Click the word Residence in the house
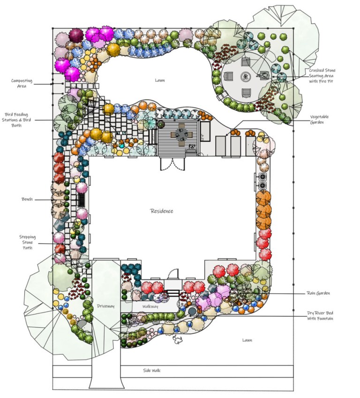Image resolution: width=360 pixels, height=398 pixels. click(161, 211)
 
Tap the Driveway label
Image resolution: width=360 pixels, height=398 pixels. click(105, 306)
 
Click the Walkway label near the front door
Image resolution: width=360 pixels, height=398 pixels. click(150, 306)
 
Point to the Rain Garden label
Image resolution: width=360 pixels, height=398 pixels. click(318, 293)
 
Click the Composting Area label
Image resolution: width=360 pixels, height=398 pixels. click(22, 83)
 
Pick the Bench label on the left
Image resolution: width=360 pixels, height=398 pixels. click(27, 199)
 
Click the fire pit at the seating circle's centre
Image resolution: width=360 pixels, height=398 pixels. click(245, 76)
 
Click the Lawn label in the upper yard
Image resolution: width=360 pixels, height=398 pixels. click(160, 80)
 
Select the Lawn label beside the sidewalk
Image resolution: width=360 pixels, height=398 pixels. click(247, 340)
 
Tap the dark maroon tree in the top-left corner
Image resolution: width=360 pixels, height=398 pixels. click(75, 34)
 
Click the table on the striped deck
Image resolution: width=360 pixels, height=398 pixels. click(180, 135)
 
